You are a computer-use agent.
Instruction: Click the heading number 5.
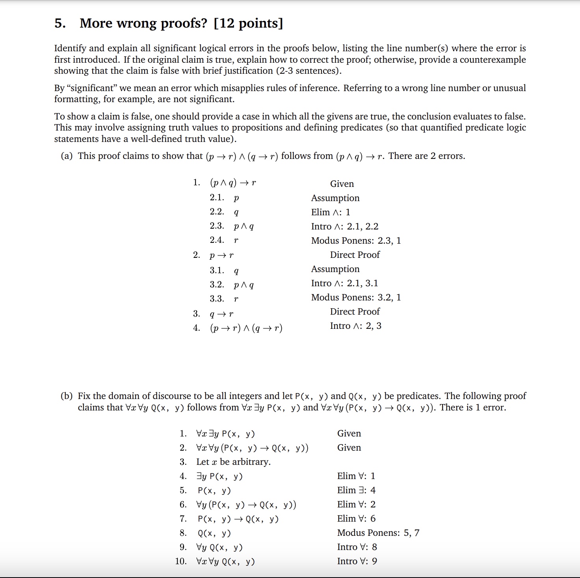tap(60, 23)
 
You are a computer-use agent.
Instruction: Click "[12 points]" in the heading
tap(248, 23)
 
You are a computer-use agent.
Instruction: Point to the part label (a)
tap(67, 156)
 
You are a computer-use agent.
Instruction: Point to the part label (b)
tap(67, 396)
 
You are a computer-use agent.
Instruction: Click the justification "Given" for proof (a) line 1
tap(342, 184)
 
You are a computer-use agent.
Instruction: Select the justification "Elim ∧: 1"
tap(331, 212)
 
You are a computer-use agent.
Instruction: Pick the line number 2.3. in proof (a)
tap(217, 226)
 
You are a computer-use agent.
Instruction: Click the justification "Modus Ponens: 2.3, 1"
tap(356, 241)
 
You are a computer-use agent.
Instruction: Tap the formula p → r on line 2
tap(221, 255)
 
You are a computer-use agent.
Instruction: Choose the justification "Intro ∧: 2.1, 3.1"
tap(344, 283)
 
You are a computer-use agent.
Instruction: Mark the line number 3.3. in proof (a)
tap(217, 299)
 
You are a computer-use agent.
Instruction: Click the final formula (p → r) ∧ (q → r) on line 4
tap(246, 328)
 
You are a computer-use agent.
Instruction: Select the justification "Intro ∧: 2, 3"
tap(355, 326)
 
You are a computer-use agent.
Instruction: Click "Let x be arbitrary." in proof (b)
tap(233, 462)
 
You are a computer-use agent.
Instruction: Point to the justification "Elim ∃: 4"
tap(356, 490)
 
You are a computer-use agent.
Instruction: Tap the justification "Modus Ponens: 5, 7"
tap(378, 533)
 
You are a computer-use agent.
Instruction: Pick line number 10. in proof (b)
tap(181, 561)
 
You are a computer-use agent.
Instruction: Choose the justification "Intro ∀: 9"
tap(357, 561)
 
